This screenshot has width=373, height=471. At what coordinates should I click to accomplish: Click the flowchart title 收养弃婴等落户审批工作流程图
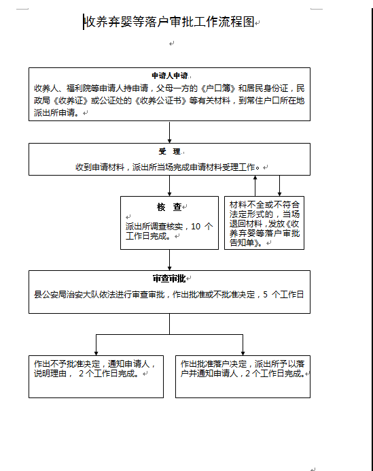169,22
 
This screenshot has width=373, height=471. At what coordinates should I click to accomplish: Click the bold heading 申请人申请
170,76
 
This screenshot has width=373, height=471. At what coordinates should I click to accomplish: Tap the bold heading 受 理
169,151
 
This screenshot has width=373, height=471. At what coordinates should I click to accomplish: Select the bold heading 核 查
169,207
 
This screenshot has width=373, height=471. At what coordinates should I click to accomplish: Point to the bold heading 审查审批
169,278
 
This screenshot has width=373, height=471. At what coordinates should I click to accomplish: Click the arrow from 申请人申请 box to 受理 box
169,132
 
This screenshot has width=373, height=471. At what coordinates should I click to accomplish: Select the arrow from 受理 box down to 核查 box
169,186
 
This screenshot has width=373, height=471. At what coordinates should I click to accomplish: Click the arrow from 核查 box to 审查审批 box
169,260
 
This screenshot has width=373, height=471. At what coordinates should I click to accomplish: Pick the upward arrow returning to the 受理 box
255,186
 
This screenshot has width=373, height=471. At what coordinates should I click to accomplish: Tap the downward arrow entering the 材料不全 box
279,186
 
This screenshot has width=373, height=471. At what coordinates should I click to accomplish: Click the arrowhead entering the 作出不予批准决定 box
96,353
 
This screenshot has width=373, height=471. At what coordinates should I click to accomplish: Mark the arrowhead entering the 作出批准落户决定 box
243,353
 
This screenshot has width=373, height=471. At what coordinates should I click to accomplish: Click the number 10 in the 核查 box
196,227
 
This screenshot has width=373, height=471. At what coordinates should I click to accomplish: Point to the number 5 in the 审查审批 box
266,294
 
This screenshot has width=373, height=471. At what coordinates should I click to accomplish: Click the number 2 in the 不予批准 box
81,374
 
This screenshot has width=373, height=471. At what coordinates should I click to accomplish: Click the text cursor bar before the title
84,22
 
